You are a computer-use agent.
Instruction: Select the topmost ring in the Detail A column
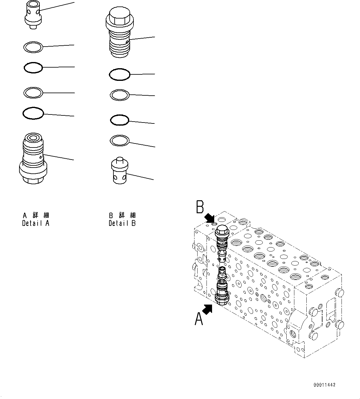point(33,47)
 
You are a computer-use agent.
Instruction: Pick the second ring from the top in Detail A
point(33,68)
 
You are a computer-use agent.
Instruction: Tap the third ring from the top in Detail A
point(33,93)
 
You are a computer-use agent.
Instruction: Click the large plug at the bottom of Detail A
point(33,159)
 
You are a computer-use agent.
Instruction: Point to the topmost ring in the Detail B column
point(120,74)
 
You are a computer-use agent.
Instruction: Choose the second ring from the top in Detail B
point(119,95)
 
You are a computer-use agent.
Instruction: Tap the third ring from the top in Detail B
point(119,120)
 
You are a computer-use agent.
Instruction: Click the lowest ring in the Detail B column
point(119,140)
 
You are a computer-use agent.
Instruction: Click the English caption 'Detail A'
point(36,223)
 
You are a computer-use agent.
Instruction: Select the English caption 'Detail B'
point(122,223)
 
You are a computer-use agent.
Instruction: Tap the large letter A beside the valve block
point(199,319)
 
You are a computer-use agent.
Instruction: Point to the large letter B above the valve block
point(200,207)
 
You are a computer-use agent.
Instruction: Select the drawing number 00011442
point(324,385)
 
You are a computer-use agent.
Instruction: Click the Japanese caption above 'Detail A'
point(36,215)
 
